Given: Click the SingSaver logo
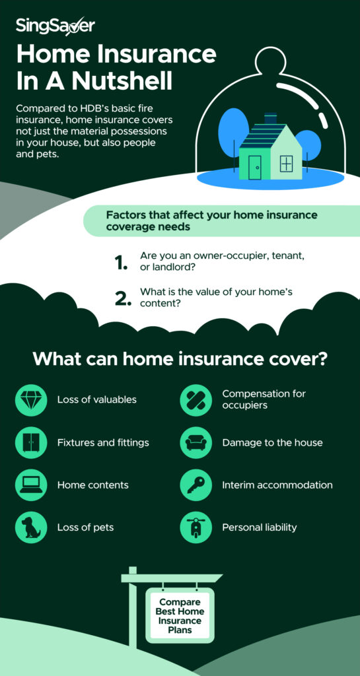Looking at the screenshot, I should pos(55,26).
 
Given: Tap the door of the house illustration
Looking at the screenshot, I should pos(255,167).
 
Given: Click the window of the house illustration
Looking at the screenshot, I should pos(286,163).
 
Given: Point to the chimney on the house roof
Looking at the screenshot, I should pos(271,119).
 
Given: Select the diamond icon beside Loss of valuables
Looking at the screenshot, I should pos(30,399).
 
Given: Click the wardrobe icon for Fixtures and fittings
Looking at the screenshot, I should pos(30,442).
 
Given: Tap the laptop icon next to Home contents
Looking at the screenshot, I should pos(30,485).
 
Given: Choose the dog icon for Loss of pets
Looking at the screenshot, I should pos(30,527).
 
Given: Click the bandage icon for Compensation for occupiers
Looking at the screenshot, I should pos(196,399).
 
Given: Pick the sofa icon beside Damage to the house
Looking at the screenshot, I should pos(196,442).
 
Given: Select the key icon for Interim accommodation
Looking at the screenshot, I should pos(196,485).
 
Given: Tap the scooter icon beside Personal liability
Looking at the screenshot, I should pos(196,527).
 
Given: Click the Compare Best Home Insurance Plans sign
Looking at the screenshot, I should pos(180,616).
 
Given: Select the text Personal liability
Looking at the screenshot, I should pos(259,527).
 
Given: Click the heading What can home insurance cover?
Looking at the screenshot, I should pos(180,359).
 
